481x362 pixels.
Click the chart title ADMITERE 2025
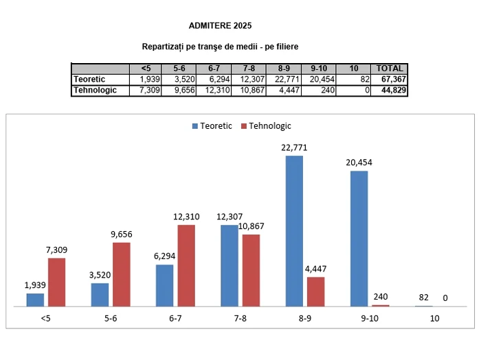click(x=220, y=26)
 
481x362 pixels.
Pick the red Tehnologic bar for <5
click(x=57, y=282)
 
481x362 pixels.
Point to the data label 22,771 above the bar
click(x=294, y=147)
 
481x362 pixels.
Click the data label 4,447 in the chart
click(x=316, y=269)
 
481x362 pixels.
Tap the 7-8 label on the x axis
click(x=240, y=319)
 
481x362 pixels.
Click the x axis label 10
click(x=434, y=319)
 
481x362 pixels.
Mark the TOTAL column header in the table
click(x=390, y=69)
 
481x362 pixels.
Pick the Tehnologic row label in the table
click(x=95, y=90)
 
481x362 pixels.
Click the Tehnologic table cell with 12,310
click(x=216, y=90)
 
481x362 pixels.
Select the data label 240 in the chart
click(x=380, y=297)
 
